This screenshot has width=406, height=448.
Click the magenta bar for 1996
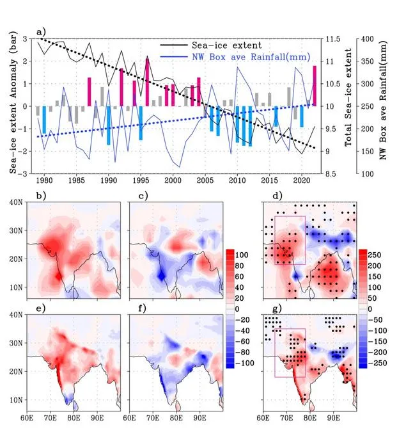pos(147,82)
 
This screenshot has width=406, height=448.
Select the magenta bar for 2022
pos(315,86)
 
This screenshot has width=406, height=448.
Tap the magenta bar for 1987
pos(90,92)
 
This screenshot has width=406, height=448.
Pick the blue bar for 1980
pos(44,120)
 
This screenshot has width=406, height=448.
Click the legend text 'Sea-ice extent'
pos(227,45)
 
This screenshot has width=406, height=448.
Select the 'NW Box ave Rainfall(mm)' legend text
pos(251,56)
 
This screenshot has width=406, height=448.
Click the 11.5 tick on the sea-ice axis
pos(332,39)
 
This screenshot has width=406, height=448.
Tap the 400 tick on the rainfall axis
pos(368,39)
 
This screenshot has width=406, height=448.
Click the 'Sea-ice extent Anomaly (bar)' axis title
pos(13,102)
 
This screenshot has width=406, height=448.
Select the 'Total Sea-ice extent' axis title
pos(348,97)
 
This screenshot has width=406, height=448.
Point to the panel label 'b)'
pos(41,196)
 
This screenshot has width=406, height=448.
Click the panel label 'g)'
pos(277,308)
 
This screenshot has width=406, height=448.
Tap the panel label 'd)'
pos(277,196)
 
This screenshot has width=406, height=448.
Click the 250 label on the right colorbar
pos(374,255)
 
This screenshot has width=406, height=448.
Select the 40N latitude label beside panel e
pos(16,315)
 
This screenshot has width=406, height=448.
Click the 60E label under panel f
pos(129,418)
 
